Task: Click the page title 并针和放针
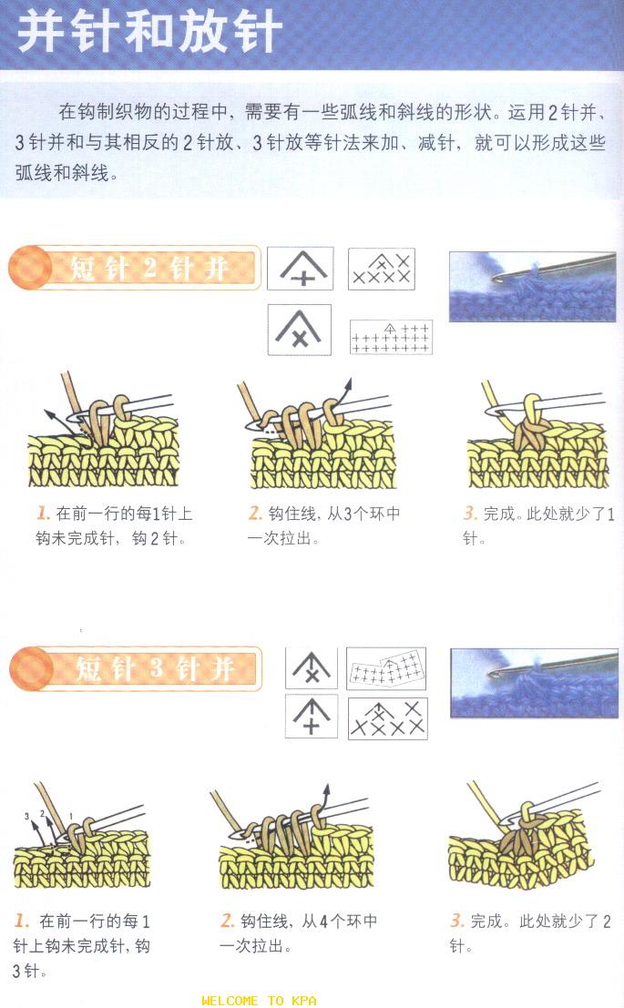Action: pyautogui.click(x=149, y=31)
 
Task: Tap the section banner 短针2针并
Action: pyautogui.click(x=148, y=268)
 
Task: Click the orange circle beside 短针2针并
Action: pyautogui.click(x=29, y=268)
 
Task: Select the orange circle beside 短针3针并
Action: pyautogui.click(x=31, y=669)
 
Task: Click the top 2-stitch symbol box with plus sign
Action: pyautogui.click(x=301, y=268)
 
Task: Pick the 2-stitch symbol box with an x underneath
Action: pyautogui.click(x=299, y=329)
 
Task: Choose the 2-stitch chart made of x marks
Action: pyautogui.click(x=382, y=269)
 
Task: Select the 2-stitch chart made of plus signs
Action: pyautogui.click(x=391, y=337)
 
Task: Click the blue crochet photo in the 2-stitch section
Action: pyautogui.click(x=532, y=287)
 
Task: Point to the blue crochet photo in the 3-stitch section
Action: pyautogui.click(x=534, y=683)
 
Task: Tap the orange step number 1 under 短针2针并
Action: pyautogui.click(x=44, y=513)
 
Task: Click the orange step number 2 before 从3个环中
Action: pyautogui.click(x=255, y=513)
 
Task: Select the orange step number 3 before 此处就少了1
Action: pyautogui.click(x=470, y=513)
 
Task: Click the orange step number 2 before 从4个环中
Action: pyautogui.click(x=227, y=921)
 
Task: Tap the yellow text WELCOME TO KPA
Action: pyautogui.click(x=259, y=1001)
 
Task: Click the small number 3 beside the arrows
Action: pyautogui.click(x=26, y=817)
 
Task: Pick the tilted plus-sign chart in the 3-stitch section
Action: pyautogui.click(x=386, y=668)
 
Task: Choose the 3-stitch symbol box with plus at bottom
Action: pyautogui.click(x=312, y=717)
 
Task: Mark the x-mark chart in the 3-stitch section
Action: pyautogui.click(x=388, y=718)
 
